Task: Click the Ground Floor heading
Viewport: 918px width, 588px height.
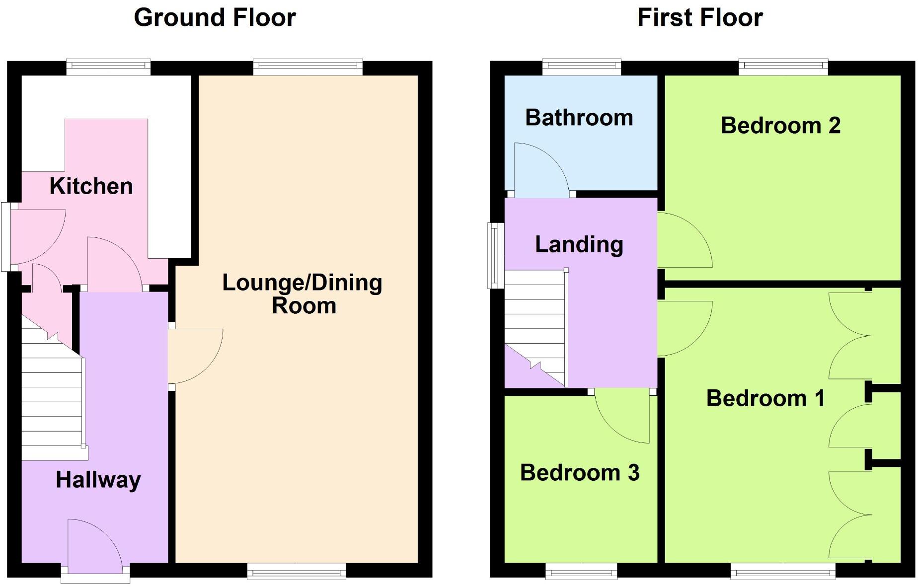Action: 215,18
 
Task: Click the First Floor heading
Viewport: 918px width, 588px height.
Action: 699,18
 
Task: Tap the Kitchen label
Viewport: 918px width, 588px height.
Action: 91,186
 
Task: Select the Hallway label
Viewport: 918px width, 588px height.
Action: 98,480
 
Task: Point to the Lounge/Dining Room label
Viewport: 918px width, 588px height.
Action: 303,294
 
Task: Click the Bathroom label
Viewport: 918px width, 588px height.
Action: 579,118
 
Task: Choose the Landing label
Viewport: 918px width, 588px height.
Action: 579,244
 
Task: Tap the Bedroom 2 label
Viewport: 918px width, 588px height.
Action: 780,125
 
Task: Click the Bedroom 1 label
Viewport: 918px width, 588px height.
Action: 765,398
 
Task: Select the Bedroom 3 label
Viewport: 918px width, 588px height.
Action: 579,472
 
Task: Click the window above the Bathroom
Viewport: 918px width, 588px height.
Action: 581,67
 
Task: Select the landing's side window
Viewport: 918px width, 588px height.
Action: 495,256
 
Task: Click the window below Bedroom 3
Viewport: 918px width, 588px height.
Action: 581,572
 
